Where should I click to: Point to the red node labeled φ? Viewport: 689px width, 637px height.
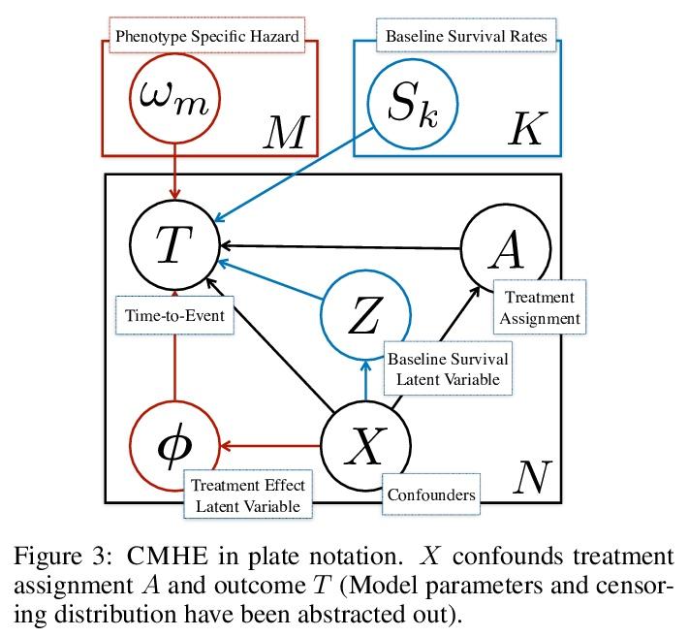click(x=175, y=445)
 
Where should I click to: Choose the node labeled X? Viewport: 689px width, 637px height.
click(x=364, y=445)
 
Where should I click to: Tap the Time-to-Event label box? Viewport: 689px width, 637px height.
click(x=173, y=315)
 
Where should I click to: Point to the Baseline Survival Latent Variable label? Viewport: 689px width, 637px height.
click(x=447, y=368)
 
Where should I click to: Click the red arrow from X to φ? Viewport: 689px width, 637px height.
click(x=270, y=445)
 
